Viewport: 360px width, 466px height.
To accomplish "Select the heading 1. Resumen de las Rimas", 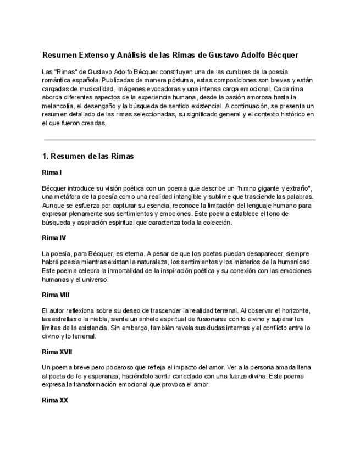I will (88, 156).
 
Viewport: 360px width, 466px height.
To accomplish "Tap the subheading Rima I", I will (51, 173).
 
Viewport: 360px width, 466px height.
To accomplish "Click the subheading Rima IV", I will (53, 238).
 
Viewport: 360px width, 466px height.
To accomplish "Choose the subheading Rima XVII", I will (57, 351).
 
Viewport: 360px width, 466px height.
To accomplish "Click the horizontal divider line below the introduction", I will (179, 140).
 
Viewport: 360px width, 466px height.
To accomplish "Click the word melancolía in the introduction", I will (59, 106).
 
